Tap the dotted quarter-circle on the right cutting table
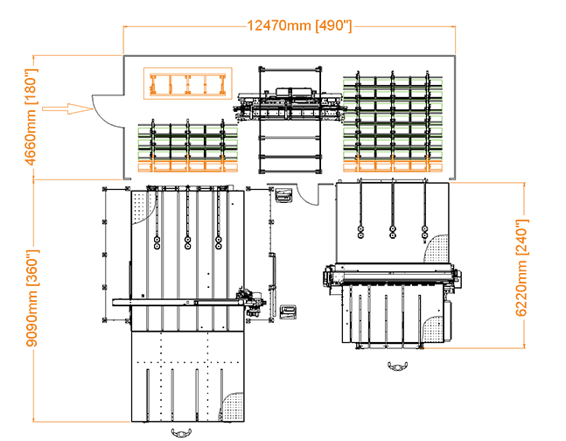coord(437,248)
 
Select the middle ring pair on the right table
coord(392,231)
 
